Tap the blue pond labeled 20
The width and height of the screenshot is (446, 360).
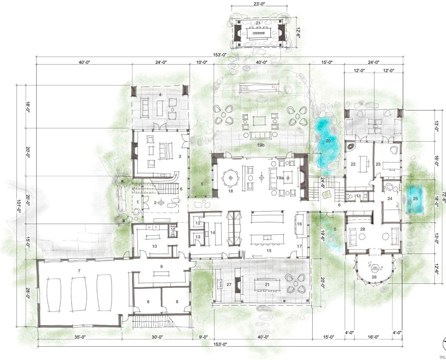click(327, 142)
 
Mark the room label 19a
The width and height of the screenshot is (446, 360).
click(280, 178)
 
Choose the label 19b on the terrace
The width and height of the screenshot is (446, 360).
click(260, 145)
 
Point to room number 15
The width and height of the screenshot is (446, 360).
click(269, 251)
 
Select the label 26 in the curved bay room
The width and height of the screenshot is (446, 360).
click(373, 277)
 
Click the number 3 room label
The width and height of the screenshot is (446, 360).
click(179, 156)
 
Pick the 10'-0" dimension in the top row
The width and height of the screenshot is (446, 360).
click(202, 63)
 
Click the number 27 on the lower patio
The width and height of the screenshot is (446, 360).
click(229, 284)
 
